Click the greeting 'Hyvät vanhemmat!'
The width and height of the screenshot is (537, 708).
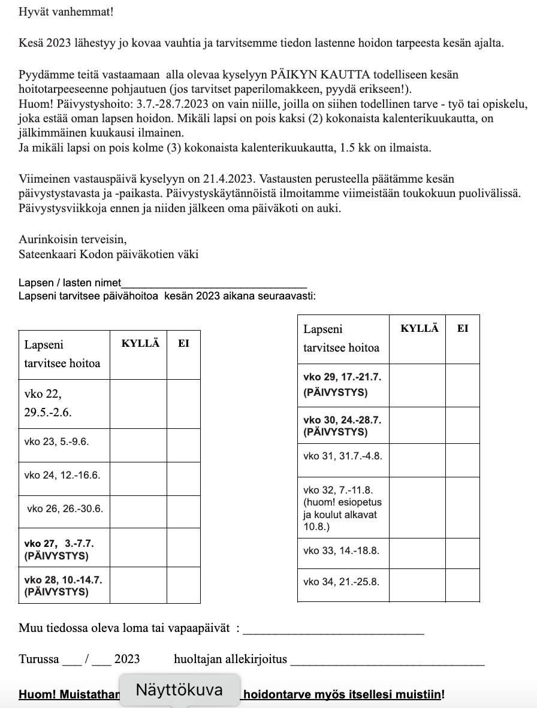click(x=58, y=11)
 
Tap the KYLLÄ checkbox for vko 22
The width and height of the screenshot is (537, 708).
click(x=138, y=403)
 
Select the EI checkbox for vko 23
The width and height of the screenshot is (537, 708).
click(x=183, y=444)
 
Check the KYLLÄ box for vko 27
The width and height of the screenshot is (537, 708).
click(x=138, y=549)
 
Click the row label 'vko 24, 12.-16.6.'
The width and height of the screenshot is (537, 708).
click(x=62, y=475)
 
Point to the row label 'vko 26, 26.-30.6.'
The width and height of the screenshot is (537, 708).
click(x=65, y=509)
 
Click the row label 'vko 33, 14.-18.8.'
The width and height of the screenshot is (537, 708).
click(x=342, y=550)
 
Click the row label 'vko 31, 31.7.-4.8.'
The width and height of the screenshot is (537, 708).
click(x=343, y=456)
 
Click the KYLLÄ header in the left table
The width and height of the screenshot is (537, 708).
click(x=141, y=344)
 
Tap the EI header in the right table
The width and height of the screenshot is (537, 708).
click(x=463, y=328)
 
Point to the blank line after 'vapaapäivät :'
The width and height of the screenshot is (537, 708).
click(x=334, y=631)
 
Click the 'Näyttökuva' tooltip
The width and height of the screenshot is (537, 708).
click(x=180, y=689)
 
